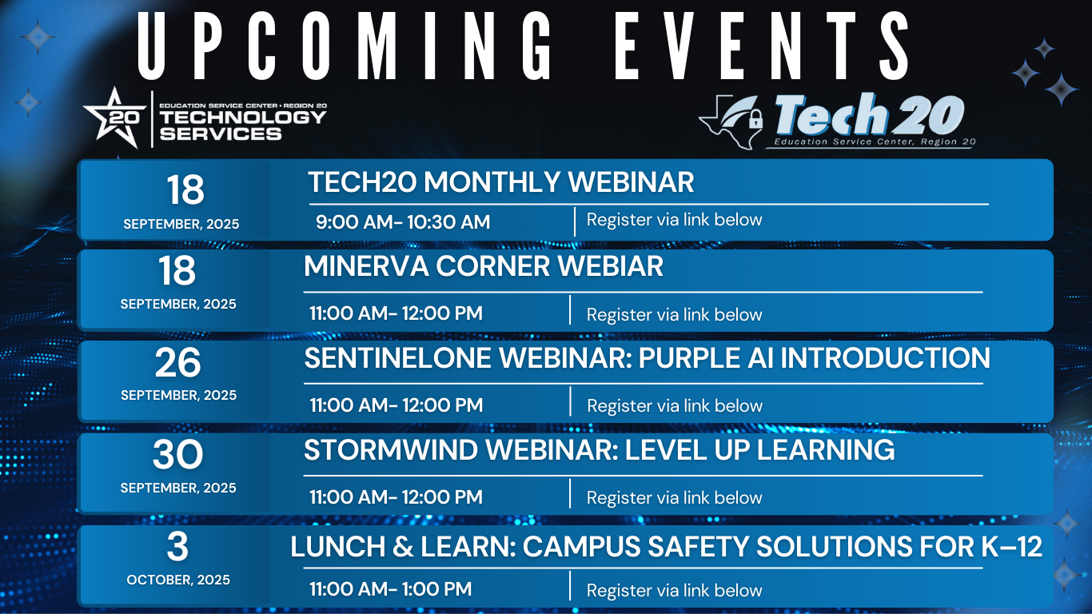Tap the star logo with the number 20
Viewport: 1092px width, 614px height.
pos(115,118)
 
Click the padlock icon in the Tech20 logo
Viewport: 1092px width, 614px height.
pos(755,118)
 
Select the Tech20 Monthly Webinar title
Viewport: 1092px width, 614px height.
pos(500,182)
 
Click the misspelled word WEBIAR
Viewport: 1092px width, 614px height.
pos(610,265)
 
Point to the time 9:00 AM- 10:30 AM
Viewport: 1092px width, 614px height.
pos(403,222)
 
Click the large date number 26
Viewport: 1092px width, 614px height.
pos(178,363)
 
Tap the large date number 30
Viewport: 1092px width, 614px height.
pos(178,455)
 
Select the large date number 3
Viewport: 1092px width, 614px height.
pos(177,546)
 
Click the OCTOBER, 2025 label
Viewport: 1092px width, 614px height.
pos(178,580)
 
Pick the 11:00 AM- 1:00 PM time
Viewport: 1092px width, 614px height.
pos(390,589)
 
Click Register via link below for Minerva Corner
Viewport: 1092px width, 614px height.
pos(674,314)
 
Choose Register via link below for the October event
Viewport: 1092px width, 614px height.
pos(674,590)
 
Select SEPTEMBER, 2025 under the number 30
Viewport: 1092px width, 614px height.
pos(178,488)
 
